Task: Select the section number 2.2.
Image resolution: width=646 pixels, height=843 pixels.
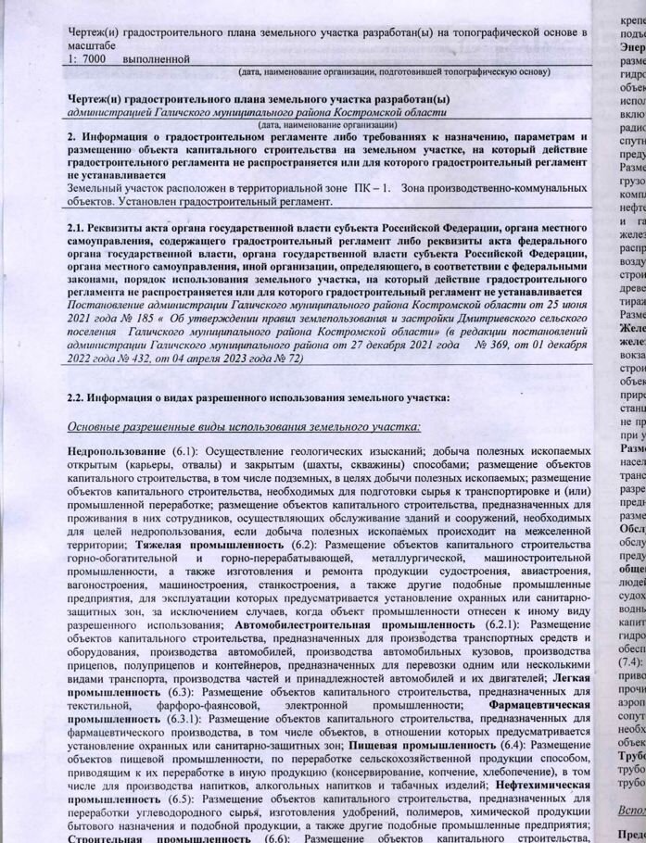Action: pos(81,397)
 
